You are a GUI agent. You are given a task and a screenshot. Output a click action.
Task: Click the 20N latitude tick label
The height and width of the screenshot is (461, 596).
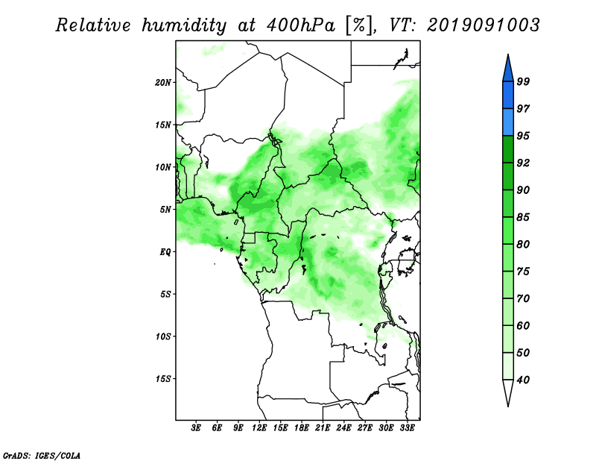point(163,82)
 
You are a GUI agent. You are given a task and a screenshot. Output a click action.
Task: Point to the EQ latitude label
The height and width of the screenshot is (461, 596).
point(165,251)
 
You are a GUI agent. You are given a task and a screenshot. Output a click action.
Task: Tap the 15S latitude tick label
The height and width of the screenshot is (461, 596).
point(163,379)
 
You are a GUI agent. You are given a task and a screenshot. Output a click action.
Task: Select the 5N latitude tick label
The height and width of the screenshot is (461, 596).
point(165,210)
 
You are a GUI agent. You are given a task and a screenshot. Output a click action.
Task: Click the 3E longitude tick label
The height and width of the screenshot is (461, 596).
point(196,428)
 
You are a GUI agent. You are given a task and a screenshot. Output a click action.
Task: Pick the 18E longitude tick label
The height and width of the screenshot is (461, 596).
point(302,428)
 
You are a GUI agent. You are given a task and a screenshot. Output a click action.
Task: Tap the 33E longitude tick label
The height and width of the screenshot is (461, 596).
point(407,428)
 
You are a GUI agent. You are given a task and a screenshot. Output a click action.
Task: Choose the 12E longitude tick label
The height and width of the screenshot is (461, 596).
point(259,428)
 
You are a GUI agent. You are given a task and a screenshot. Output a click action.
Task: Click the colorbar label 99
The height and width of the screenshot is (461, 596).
point(523,81)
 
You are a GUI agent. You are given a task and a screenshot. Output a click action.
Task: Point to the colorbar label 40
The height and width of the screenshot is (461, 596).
point(523,380)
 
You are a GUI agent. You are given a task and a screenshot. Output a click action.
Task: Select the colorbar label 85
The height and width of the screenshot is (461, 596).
point(523,217)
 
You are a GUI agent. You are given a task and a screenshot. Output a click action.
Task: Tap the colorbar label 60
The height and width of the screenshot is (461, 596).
point(523,325)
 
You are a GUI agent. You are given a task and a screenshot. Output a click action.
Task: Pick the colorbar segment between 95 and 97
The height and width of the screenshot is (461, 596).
point(508,122)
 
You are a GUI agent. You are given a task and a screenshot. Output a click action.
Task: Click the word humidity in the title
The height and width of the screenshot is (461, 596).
point(184,25)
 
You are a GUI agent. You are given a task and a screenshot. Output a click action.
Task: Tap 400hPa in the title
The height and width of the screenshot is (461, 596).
point(301,25)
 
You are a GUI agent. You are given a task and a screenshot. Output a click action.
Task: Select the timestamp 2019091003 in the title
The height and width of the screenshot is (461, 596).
point(483,25)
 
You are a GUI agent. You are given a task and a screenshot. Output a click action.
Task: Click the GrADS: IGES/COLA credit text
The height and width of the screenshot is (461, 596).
point(42,455)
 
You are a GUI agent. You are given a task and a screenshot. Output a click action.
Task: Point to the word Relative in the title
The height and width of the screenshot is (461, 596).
point(93,25)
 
